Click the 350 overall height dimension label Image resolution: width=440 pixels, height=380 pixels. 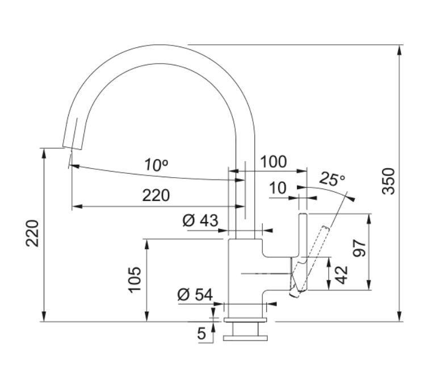click(x=389, y=181)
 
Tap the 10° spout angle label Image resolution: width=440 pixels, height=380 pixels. click(x=156, y=165)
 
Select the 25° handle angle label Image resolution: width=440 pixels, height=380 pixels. click(x=332, y=179)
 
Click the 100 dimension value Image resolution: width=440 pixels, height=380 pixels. click(x=274, y=162)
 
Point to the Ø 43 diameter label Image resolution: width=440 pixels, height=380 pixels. click(x=200, y=220)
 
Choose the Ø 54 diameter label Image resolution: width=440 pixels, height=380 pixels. click(x=195, y=294)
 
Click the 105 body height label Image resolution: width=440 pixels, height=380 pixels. click(x=135, y=280)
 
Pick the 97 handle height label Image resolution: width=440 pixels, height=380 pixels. click(x=359, y=248)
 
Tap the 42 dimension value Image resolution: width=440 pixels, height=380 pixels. click(x=341, y=275)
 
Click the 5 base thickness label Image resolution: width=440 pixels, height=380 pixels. click(x=202, y=333)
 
